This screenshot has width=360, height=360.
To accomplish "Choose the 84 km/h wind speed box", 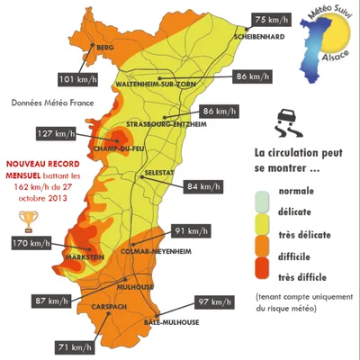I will tap(204, 186).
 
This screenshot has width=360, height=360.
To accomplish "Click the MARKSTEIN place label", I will tap(85, 257).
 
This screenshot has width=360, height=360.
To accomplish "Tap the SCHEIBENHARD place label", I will tap(259, 38).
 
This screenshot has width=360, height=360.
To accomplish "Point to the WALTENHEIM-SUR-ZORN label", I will tap(157, 85).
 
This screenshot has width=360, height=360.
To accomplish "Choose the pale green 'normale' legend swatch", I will tap(262, 191).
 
